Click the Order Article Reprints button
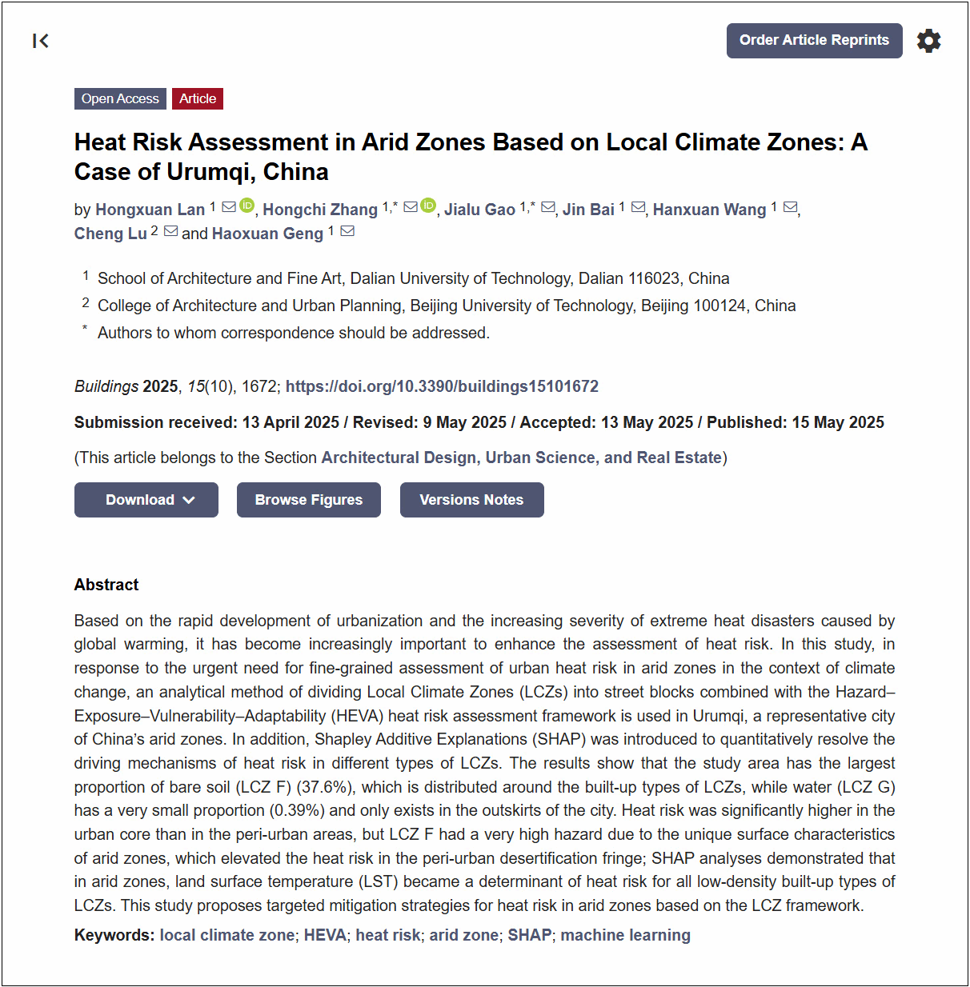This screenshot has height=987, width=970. (814, 41)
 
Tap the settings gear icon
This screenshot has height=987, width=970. (928, 41)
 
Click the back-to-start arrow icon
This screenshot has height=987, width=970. (41, 41)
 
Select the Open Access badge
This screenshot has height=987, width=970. (120, 98)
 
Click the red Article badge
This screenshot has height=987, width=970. (198, 98)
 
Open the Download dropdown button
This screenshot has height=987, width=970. (146, 500)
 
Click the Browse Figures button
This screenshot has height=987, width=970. (309, 500)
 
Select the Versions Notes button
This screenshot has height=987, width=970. (471, 500)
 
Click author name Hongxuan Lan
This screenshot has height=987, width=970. (150, 210)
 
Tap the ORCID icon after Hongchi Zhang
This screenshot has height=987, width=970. (429, 206)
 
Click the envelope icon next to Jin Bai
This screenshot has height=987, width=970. (638, 207)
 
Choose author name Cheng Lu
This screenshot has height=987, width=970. (110, 234)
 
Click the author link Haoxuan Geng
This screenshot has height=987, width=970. (267, 234)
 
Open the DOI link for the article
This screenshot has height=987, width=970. (442, 386)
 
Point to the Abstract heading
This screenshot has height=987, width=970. (106, 585)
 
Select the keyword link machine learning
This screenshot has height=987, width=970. (625, 935)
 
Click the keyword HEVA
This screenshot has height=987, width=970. (325, 935)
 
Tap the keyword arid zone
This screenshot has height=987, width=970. (464, 935)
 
